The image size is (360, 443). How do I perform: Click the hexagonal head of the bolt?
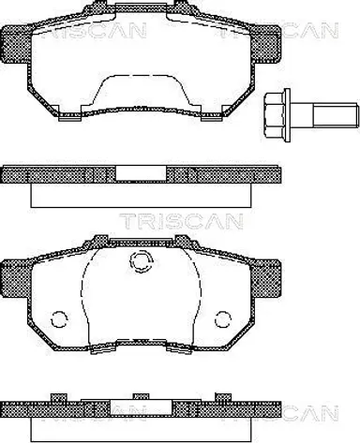[x=275, y=115]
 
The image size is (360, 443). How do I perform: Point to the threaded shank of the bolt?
[x=335, y=115]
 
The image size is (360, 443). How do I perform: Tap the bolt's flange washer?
[x=288, y=115]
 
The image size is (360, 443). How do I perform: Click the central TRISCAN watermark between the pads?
[x=181, y=221]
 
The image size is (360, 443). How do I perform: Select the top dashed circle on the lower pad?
[x=142, y=260]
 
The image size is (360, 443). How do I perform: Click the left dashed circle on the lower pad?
[x=59, y=319]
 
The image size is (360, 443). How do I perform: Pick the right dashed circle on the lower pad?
[x=223, y=319]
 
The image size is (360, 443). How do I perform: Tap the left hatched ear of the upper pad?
[x=17, y=44]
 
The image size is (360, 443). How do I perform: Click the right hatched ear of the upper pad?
[x=266, y=44]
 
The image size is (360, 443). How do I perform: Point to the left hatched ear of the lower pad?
[x=17, y=278]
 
